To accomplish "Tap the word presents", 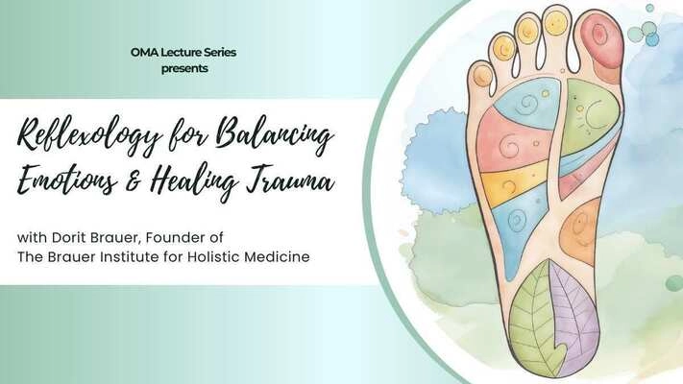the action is [184, 69].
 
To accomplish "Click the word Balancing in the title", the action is [276, 134].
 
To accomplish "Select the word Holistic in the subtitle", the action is [213, 257].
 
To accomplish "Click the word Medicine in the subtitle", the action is [277, 257].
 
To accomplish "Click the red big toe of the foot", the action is [600, 44].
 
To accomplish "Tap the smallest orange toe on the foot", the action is [482, 76].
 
